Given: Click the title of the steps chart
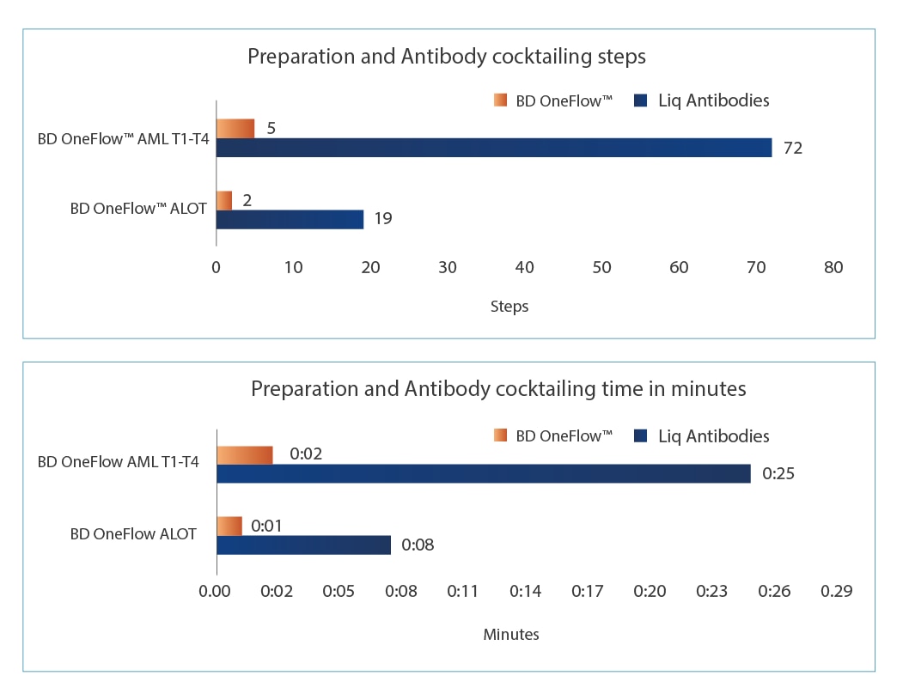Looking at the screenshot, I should (x=446, y=57).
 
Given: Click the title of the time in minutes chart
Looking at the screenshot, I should (x=498, y=388).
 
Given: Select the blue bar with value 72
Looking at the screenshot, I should (x=493, y=148).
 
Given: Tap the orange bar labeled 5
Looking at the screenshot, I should (x=235, y=129).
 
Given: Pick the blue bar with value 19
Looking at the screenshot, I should (x=290, y=219).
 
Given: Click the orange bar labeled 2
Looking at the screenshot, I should (x=223, y=200).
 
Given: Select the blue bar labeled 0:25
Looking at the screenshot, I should (x=483, y=473).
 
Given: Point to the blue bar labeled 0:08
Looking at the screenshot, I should (x=303, y=545).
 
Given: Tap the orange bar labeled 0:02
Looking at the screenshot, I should (x=244, y=454).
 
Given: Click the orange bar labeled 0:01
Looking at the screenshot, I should (x=229, y=526).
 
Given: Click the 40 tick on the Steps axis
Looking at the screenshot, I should (x=524, y=267).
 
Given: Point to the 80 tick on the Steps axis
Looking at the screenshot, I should (x=833, y=267).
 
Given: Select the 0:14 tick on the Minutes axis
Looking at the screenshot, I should (x=525, y=591).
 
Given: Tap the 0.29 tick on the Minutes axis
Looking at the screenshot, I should (x=836, y=591).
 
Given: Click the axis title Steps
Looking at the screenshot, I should (x=509, y=306).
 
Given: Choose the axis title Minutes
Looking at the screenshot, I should (x=511, y=635).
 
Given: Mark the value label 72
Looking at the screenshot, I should (x=792, y=148).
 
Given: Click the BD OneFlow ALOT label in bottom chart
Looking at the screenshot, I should (x=133, y=534).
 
